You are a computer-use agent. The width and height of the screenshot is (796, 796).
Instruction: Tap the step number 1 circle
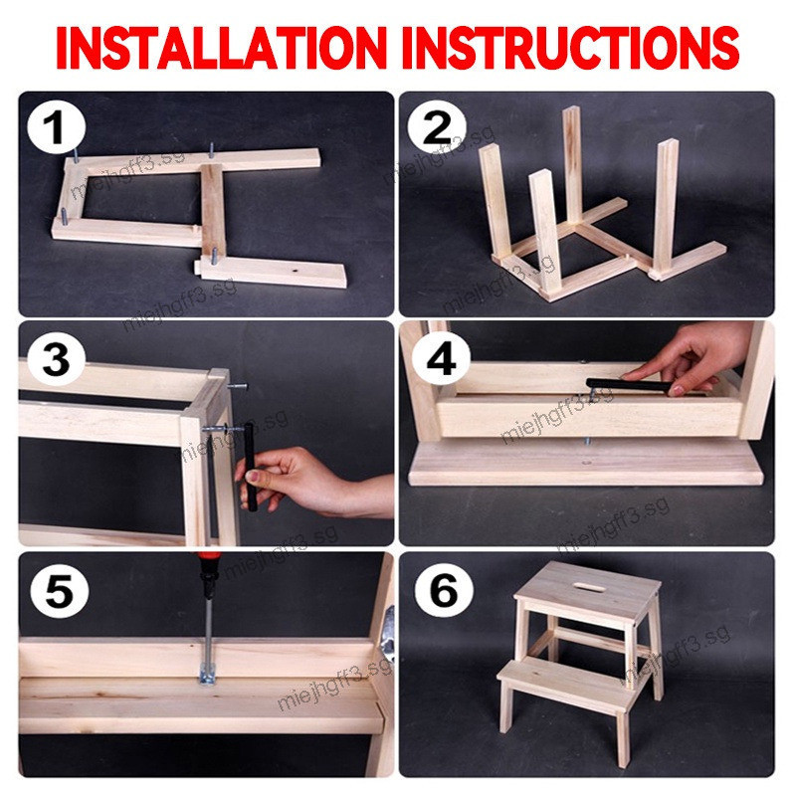pyautogui.click(x=56, y=127)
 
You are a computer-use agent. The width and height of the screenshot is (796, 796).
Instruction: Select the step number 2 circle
pyautogui.click(x=437, y=127)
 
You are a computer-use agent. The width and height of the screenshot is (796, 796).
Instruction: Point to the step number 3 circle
pyautogui.click(x=56, y=359)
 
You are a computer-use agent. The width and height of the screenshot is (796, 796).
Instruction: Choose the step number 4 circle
pyautogui.click(x=441, y=359)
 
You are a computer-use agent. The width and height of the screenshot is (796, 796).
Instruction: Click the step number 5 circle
pyautogui.click(x=59, y=590)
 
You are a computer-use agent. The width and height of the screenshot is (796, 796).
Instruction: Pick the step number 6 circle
pyautogui.click(x=444, y=590)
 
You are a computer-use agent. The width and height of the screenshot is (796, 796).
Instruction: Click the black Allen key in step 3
pyautogui.click(x=250, y=467)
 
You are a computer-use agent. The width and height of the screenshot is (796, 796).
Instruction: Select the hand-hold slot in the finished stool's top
pyautogui.click(x=589, y=587)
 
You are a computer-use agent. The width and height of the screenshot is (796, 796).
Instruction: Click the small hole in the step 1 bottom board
pyautogui.click(x=295, y=272)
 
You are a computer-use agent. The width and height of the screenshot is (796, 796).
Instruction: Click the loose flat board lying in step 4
pyautogui.click(x=586, y=463)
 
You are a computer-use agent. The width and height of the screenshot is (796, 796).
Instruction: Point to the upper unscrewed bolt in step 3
pyautogui.click(x=237, y=387)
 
